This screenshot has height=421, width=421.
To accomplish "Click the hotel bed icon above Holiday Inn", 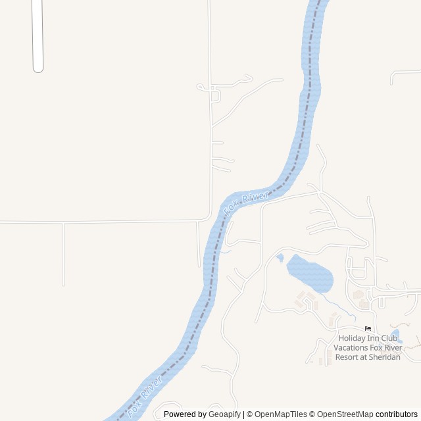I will point(368,328).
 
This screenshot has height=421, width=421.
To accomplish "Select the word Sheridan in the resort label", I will point(381,357).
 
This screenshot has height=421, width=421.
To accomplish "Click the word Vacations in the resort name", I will point(350,348).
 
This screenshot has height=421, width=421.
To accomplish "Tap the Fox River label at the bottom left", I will point(145,396).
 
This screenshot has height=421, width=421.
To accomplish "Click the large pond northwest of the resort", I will point(309,273).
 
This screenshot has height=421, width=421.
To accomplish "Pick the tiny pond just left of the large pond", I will point(280,257).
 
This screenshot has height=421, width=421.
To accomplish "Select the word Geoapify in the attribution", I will point(224,414).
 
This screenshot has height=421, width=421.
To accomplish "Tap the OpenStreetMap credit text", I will point(342,414).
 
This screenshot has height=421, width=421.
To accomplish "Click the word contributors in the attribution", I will point(397,414).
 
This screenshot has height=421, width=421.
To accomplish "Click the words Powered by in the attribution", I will point(185,414).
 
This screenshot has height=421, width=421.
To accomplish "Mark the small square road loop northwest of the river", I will point(215,96).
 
